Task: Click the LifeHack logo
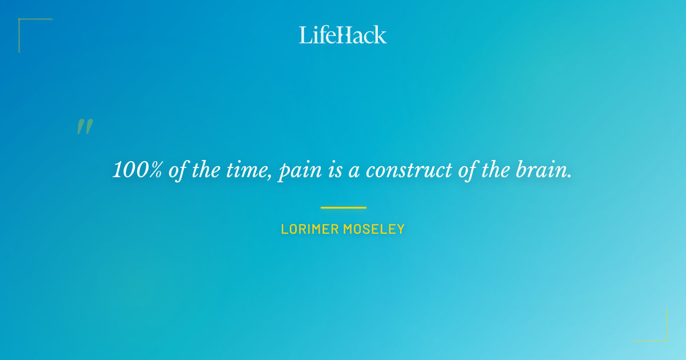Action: coord(343,35)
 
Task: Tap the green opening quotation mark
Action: coord(85,127)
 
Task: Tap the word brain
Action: coord(545,170)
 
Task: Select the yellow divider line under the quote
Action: coord(343,207)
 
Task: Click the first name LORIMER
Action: coord(309,230)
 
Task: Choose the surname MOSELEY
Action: coord(374,230)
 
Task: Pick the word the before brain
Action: coord(500,170)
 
